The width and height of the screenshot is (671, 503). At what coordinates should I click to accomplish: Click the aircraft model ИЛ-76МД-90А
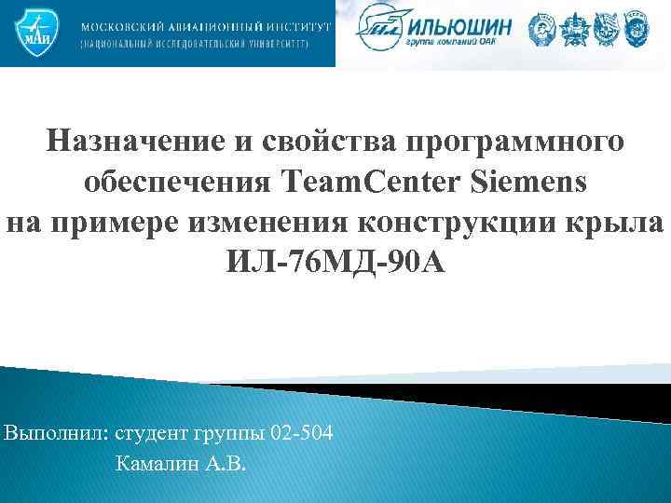[335, 263]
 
